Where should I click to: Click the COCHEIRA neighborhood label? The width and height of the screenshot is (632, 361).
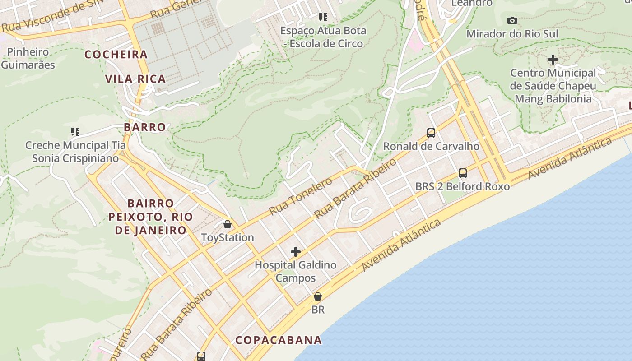(x=116, y=55)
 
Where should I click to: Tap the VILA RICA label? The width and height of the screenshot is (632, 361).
(x=135, y=79)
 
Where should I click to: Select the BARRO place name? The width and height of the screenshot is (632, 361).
(x=145, y=127)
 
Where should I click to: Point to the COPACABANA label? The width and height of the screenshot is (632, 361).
(x=279, y=340)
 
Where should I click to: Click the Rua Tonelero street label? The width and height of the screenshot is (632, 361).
(x=300, y=196)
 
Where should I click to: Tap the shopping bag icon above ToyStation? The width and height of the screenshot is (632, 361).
(x=228, y=224)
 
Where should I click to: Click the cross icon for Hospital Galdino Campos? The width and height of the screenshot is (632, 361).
(x=296, y=252)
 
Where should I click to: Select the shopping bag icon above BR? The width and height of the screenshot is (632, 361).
(x=318, y=296)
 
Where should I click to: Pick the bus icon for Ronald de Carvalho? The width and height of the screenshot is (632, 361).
(x=431, y=133)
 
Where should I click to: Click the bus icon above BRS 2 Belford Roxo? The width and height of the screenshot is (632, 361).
(x=462, y=173)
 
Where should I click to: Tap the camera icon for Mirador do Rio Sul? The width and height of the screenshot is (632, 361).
(x=512, y=20)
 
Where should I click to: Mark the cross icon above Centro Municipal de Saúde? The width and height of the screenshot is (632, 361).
(x=553, y=60)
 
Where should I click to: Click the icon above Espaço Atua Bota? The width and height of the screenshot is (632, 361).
(x=323, y=17)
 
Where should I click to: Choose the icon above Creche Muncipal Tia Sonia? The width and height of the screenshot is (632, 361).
(x=75, y=132)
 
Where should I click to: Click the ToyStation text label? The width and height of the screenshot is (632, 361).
(x=228, y=237)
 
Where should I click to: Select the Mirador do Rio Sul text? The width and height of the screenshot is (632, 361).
(x=512, y=34)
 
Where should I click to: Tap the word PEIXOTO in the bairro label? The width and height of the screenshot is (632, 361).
(x=129, y=217)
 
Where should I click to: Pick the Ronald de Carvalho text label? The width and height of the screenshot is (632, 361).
(x=431, y=146)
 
